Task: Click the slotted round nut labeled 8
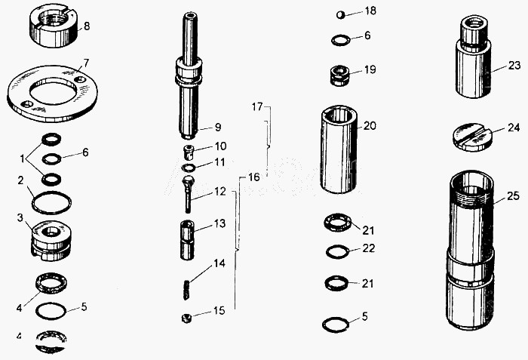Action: click(54, 25)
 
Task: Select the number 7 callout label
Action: click(86, 63)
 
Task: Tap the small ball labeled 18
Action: click(341, 15)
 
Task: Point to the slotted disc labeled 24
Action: click(472, 137)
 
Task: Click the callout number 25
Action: click(513, 195)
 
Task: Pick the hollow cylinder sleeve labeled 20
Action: click(338, 149)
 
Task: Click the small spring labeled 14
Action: click(186, 289)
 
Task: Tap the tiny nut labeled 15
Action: click(186, 318)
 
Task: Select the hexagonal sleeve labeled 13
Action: click(187, 240)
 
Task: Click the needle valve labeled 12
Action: click(188, 194)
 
